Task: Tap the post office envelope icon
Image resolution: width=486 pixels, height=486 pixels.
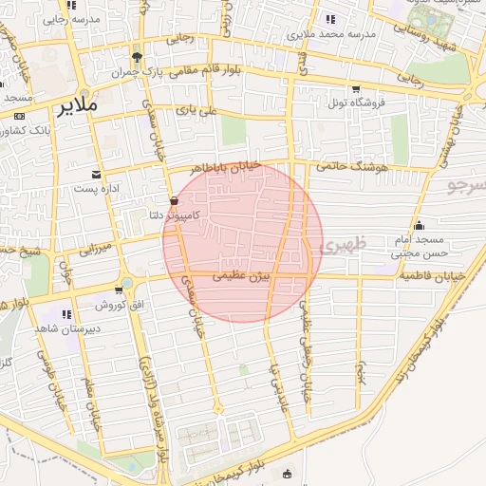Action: [x=96, y=175]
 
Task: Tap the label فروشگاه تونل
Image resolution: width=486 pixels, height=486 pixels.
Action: [x=352, y=102]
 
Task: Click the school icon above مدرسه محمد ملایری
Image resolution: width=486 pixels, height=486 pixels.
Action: [x=329, y=19]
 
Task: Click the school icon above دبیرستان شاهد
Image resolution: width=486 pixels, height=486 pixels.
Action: [x=66, y=313]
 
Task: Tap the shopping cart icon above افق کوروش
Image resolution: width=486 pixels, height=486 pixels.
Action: [x=118, y=291]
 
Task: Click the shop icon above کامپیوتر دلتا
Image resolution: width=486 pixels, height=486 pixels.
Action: [x=173, y=200]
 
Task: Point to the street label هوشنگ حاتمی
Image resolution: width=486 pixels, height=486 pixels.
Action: [x=356, y=169]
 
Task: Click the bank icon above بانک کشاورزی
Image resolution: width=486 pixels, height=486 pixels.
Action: [x=19, y=115]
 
